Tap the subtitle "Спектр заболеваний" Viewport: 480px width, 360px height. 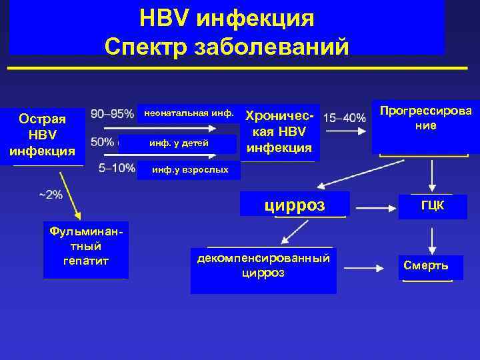coord(227,47)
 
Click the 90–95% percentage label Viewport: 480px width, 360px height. coord(112,114)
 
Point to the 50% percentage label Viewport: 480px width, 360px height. coord(103,142)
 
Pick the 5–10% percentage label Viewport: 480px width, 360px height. coord(117,168)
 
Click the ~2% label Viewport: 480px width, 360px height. coord(51,195)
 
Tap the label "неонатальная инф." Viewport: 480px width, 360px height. coord(189,113)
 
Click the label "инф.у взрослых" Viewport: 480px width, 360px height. coord(190,170)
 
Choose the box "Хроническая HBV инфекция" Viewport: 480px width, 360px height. coord(279,131)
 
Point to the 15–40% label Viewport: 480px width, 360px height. coord(345,118)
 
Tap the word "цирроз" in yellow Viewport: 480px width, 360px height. coord(294,205)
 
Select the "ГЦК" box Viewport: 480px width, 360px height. coord(432,206)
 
